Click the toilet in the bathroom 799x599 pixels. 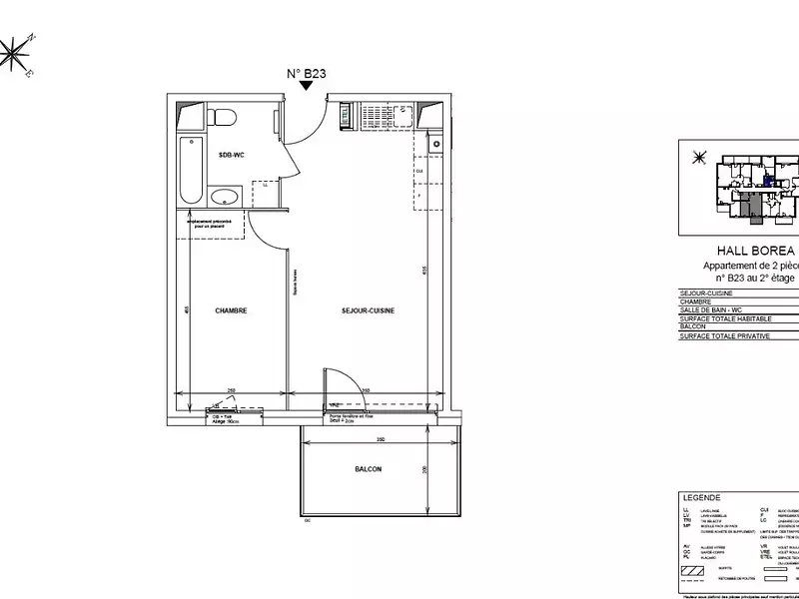(x=223, y=118)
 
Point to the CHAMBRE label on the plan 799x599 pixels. (x=231, y=310)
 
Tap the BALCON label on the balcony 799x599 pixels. (x=368, y=469)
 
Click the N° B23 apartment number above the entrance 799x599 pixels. (x=308, y=72)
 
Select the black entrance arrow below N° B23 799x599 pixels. (x=308, y=87)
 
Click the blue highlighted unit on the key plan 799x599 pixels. (x=767, y=181)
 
